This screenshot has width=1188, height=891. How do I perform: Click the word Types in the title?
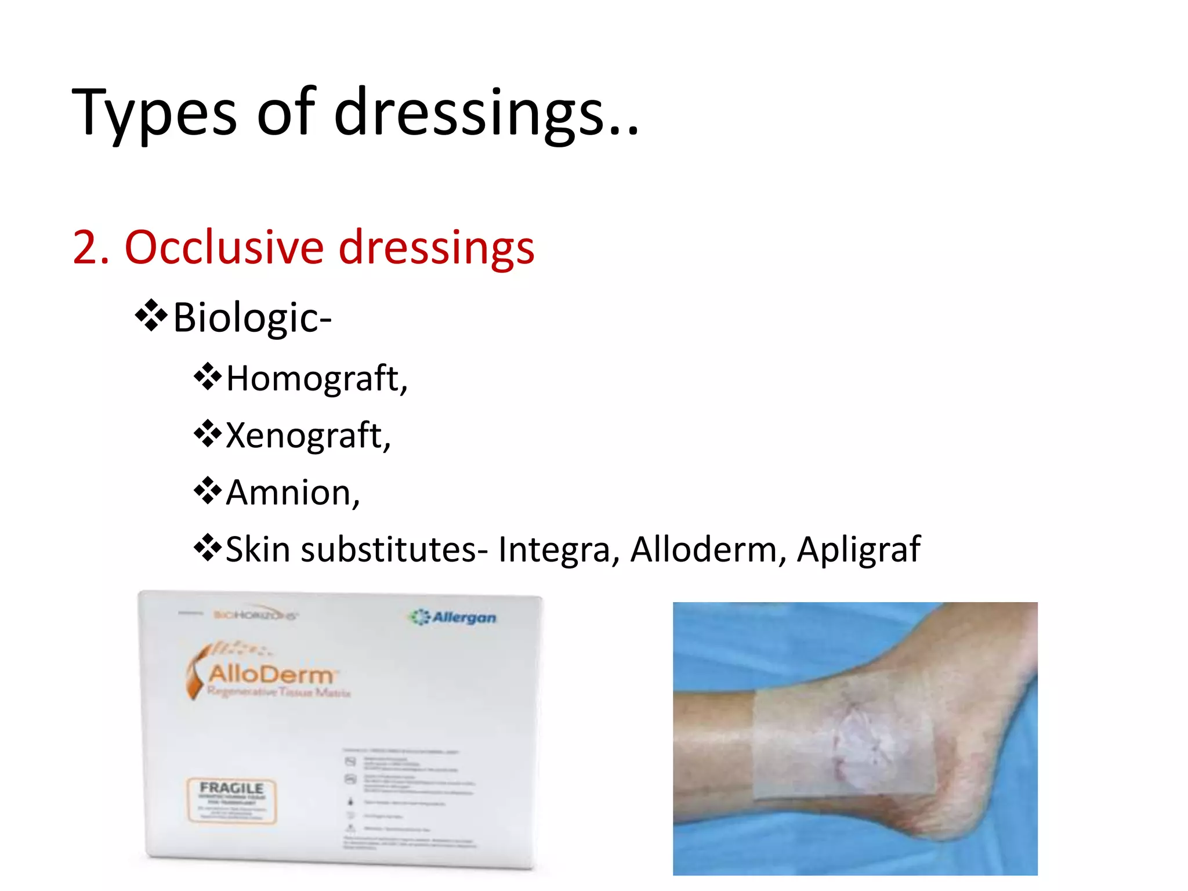154,112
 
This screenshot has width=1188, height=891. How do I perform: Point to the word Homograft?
313,378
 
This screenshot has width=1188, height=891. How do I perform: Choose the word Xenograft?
304,435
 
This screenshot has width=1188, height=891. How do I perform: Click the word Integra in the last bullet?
554,549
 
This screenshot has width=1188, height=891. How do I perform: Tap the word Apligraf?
858,549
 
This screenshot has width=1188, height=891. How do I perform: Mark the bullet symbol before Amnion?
207,491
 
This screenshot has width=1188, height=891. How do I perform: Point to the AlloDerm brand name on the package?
271,674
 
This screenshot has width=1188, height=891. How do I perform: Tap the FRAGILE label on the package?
231,788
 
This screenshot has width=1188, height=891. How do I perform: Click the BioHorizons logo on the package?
255,615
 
